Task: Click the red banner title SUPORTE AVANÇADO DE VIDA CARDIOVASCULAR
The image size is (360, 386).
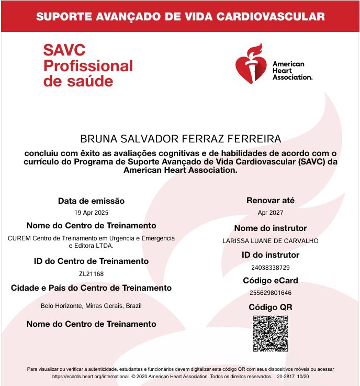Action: (180, 16)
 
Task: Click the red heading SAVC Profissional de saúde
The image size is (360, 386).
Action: (88, 66)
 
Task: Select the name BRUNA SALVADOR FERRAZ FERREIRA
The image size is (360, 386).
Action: (181, 139)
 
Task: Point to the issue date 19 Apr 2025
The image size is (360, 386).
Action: (91, 213)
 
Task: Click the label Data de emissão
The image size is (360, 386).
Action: (91, 201)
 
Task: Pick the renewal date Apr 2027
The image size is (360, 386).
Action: (270, 213)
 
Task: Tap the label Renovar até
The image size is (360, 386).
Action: (270, 200)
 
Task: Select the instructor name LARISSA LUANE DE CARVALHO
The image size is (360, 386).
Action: (270, 241)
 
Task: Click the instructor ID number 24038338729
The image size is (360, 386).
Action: (270, 268)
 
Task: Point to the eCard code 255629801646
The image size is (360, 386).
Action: (270, 293)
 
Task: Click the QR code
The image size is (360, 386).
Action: (271, 334)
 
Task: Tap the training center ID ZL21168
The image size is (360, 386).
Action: (91, 273)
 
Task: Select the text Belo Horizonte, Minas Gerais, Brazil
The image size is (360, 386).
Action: (91, 306)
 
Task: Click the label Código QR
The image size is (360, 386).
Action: (270, 307)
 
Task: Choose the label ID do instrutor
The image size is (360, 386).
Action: (270, 255)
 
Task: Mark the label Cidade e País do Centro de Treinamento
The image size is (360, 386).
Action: (91, 288)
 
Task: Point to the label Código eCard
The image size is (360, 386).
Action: (270, 281)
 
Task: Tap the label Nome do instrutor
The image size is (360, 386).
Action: (270, 228)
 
